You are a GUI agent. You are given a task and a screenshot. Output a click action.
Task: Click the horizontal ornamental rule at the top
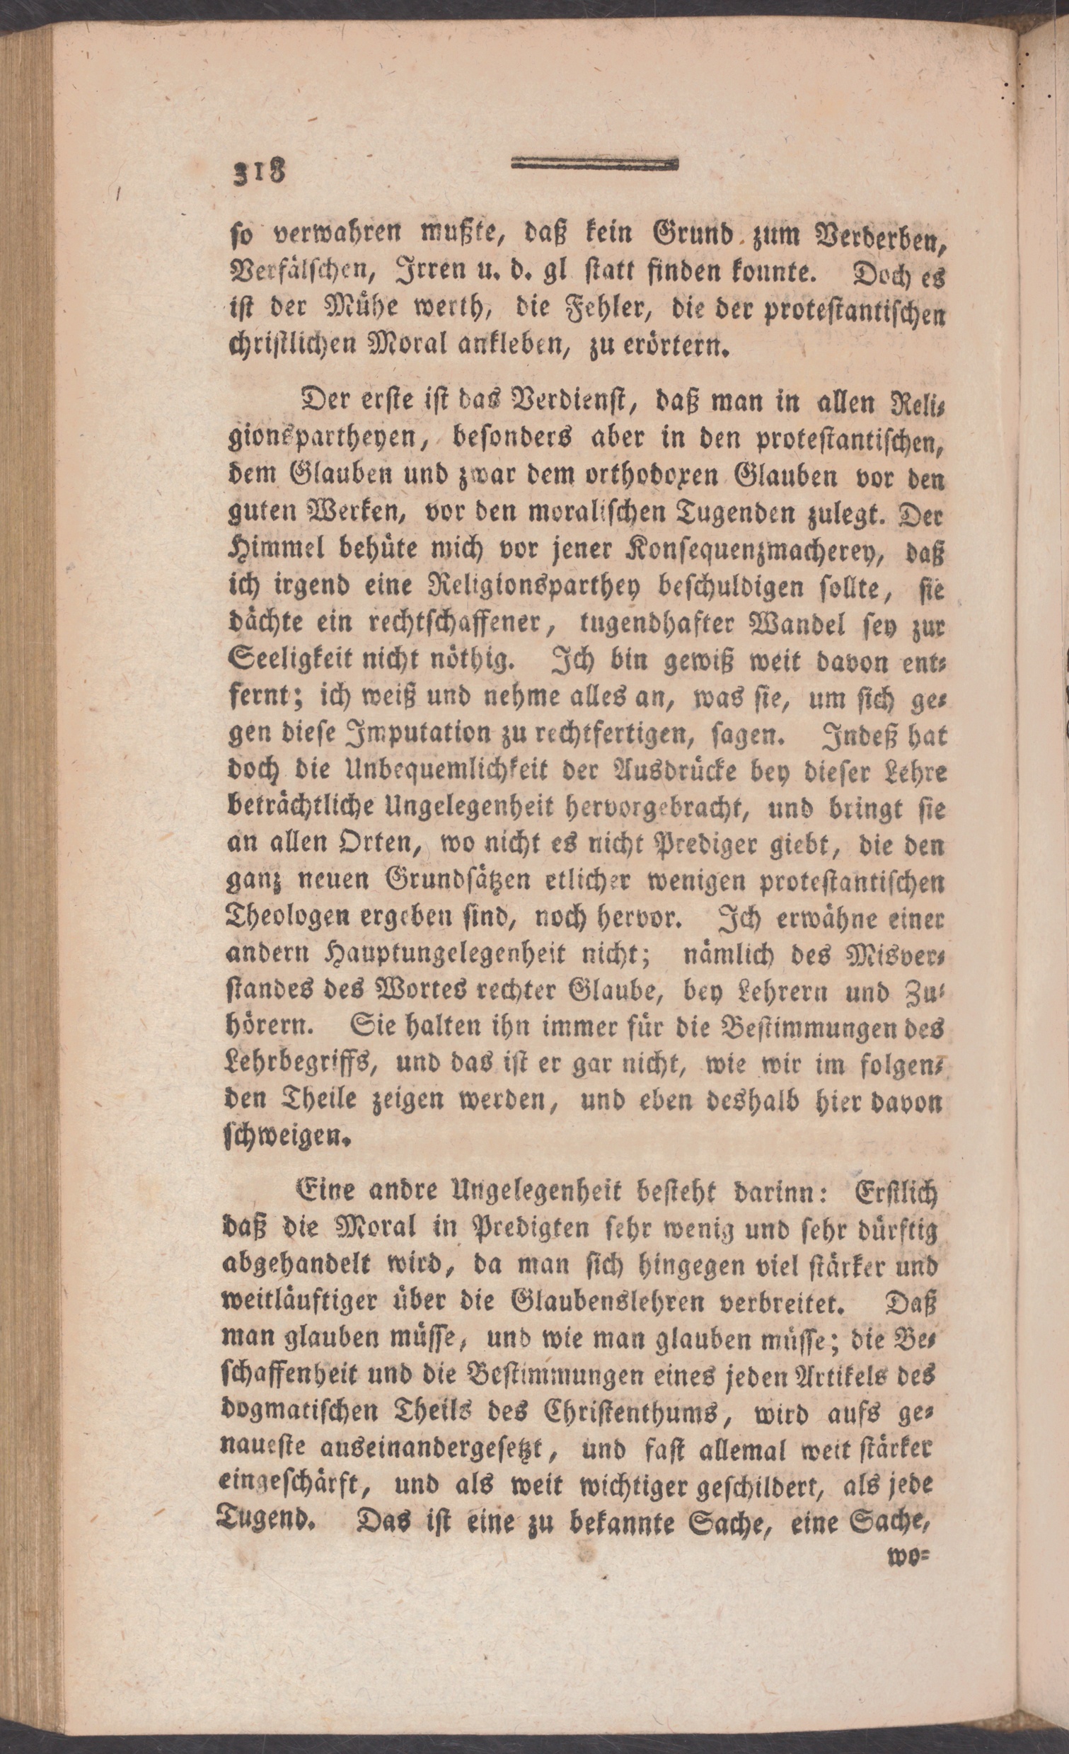pos(594,164)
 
